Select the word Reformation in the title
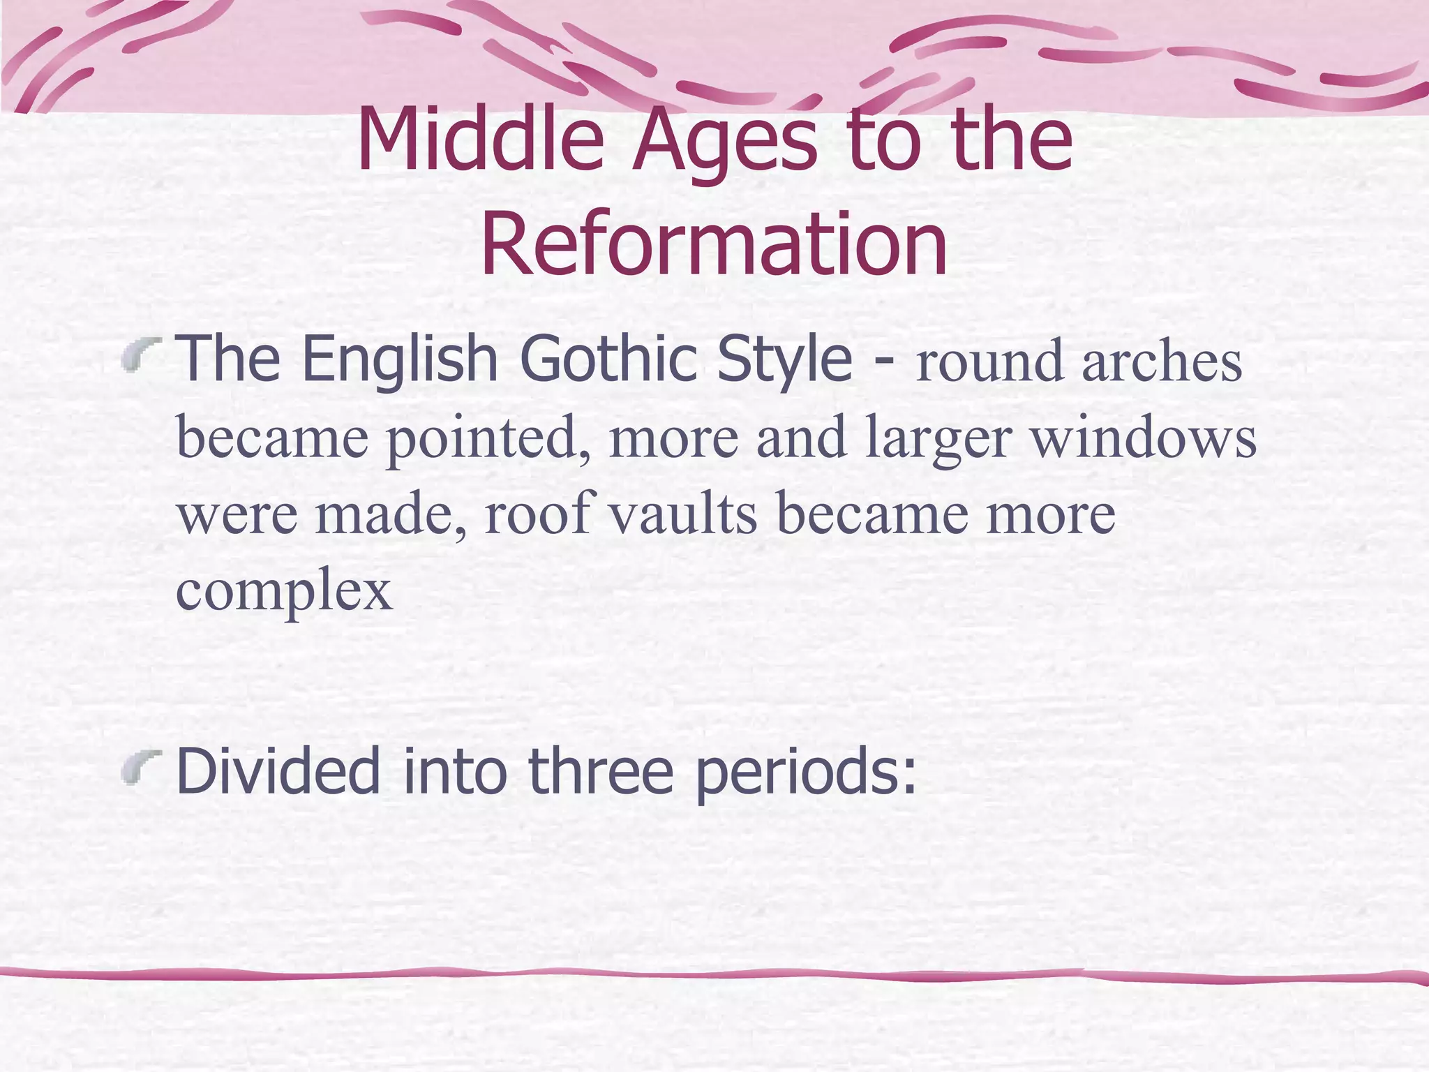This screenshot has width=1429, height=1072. [714, 244]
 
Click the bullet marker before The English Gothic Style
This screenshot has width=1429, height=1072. [141, 353]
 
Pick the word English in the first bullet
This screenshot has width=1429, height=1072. [400, 359]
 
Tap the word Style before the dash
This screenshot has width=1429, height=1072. [785, 359]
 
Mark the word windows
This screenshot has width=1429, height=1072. [1144, 438]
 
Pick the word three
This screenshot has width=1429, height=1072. [601, 771]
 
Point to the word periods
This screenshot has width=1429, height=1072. [805, 773]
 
